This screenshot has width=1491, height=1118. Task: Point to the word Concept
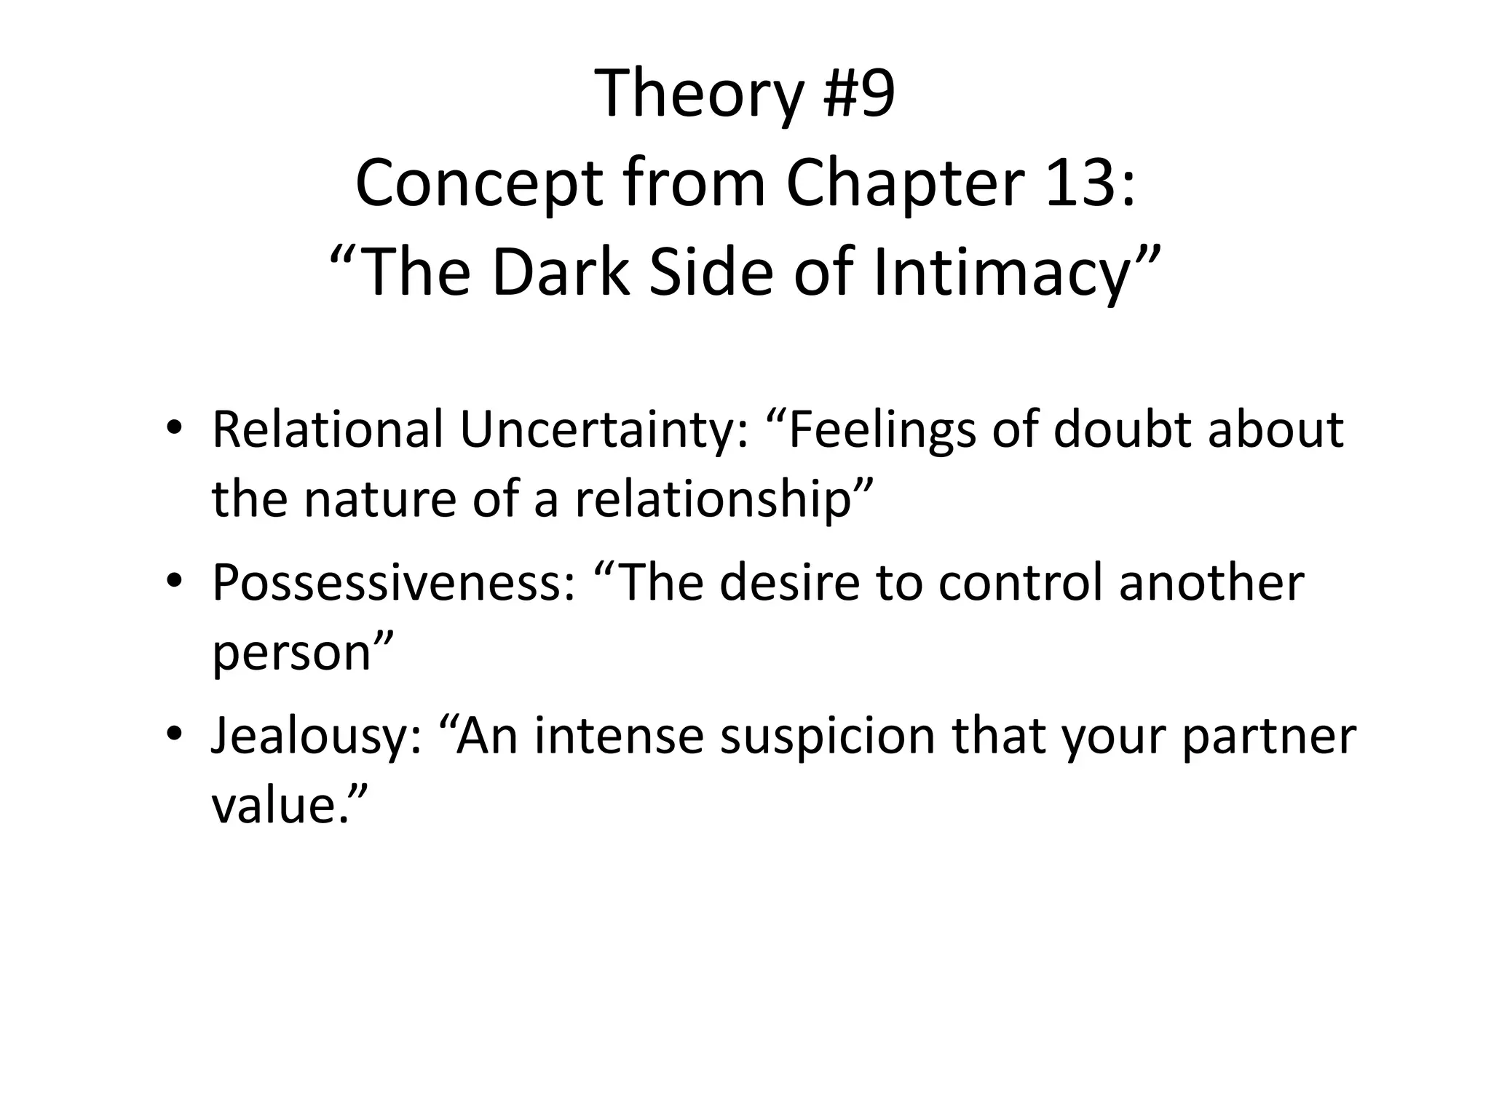click(478, 183)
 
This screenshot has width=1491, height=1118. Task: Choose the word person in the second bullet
click(292, 652)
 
